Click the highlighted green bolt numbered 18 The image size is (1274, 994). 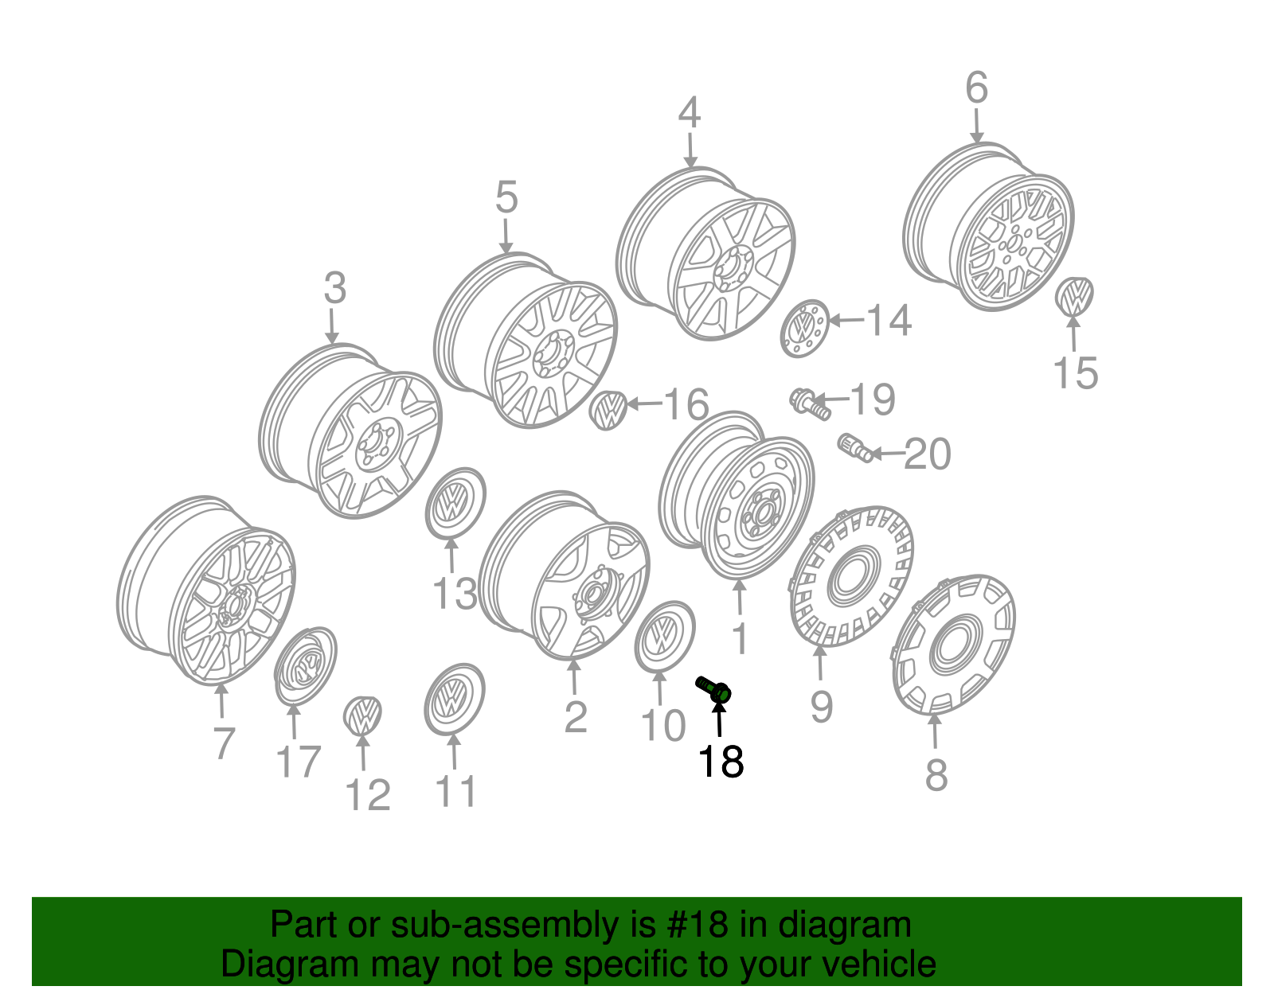[714, 690]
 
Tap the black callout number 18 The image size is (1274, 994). [721, 762]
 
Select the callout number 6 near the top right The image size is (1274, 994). [976, 88]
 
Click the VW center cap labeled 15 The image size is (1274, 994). [1074, 296]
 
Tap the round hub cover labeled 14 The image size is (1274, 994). [804, 329]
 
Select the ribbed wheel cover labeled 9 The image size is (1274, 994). [852, 577]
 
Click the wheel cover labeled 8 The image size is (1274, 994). [954, 643]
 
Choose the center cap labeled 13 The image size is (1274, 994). [455, 504]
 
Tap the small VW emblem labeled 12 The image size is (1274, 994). [362, 714]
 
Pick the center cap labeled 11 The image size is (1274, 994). [454, 700]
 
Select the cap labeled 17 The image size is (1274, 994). [306, 665]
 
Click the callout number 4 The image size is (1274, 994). [689, 114]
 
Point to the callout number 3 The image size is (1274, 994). [334, 288]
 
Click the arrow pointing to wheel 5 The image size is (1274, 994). [506, 236]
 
